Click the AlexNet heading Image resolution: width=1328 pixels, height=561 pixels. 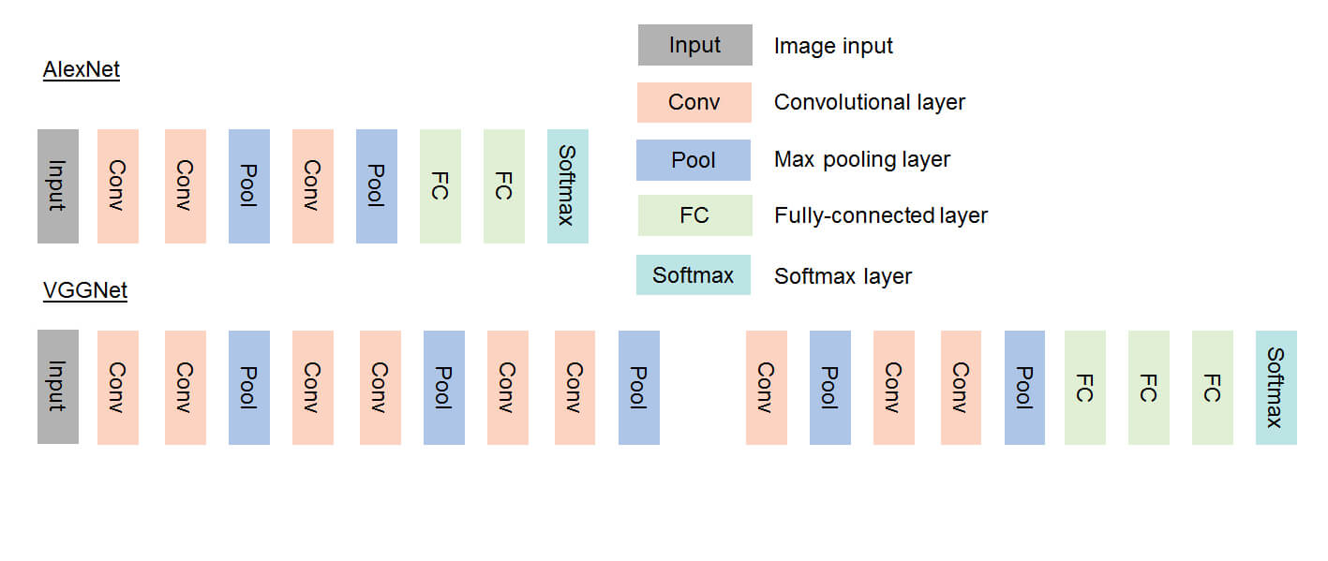[82, 69]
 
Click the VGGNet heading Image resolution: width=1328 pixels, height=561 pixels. [85, 290]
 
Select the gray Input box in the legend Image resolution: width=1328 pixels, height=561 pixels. [694, 45]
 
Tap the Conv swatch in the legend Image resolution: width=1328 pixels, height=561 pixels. [694, 102]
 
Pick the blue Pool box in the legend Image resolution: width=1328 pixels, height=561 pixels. [694, 159]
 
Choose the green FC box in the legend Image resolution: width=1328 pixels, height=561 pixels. [694, 215]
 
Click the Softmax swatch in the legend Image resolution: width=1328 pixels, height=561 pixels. [694, 275]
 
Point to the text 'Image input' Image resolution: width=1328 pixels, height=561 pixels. [833, 46]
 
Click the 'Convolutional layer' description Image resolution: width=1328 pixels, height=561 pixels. [869, 102]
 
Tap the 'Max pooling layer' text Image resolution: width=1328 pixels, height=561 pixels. [861, 159]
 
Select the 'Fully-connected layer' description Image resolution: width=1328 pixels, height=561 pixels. [881, 215]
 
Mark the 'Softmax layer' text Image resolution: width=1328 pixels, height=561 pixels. [843, 276]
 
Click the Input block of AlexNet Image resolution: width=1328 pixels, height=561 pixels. [58, 186]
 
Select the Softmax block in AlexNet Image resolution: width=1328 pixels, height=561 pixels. [568, 186]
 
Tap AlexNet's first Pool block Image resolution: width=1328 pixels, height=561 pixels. [249, 186]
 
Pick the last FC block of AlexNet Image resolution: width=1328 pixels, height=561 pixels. [504, 186]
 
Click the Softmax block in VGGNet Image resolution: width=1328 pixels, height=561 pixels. [1276, 387]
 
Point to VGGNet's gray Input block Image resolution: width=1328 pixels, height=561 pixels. [58, 387]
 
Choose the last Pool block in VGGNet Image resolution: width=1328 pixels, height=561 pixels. [1024, 387]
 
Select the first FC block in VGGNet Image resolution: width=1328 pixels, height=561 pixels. [1085, 387]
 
